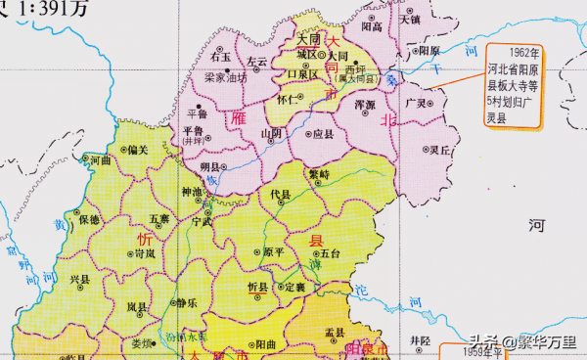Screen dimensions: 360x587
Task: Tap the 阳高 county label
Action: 372,27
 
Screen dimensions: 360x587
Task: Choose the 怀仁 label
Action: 288,99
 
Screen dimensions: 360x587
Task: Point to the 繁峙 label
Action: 319,172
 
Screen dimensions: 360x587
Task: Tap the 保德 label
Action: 90,218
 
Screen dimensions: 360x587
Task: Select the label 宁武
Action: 202,222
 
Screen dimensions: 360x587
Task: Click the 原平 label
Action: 275,251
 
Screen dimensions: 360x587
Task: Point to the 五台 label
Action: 329,252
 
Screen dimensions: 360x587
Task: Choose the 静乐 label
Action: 187,302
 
